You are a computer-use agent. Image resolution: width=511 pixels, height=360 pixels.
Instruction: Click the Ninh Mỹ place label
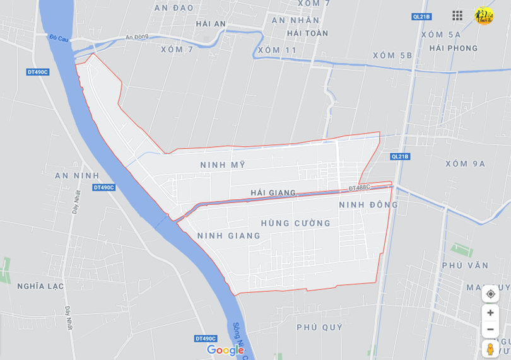click(222, 165)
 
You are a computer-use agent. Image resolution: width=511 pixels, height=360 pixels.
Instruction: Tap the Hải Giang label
click(273, 192)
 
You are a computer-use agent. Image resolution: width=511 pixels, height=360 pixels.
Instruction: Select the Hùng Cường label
click(295, 223)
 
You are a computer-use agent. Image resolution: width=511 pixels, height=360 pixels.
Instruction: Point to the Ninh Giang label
click(228, 236)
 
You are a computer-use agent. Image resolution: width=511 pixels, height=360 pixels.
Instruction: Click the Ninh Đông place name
click(368, 205)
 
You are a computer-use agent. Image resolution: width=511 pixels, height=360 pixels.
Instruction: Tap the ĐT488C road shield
click(359, 188)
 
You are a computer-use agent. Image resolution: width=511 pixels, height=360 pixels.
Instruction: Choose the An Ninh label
click(77, 175)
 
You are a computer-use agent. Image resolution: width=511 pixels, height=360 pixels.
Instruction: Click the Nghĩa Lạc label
click(40, 286)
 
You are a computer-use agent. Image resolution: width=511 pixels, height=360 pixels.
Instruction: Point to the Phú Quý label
click(320, 327)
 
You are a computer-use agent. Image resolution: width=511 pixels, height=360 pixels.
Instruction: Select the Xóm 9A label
click(465, 164)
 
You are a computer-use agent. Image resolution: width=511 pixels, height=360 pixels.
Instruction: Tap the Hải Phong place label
click(453, 49)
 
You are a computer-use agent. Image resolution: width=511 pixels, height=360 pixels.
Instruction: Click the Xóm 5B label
click(392, 55)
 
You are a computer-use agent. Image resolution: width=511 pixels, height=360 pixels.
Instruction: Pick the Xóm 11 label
click(277, 50)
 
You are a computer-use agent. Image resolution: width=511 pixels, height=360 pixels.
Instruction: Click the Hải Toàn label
click(307, 33)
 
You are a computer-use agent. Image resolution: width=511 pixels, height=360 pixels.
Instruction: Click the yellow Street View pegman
click(490, 348)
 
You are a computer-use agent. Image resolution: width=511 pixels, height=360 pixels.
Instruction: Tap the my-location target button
click(490, 294)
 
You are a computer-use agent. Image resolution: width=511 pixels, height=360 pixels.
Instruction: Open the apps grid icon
click(457, 15)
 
